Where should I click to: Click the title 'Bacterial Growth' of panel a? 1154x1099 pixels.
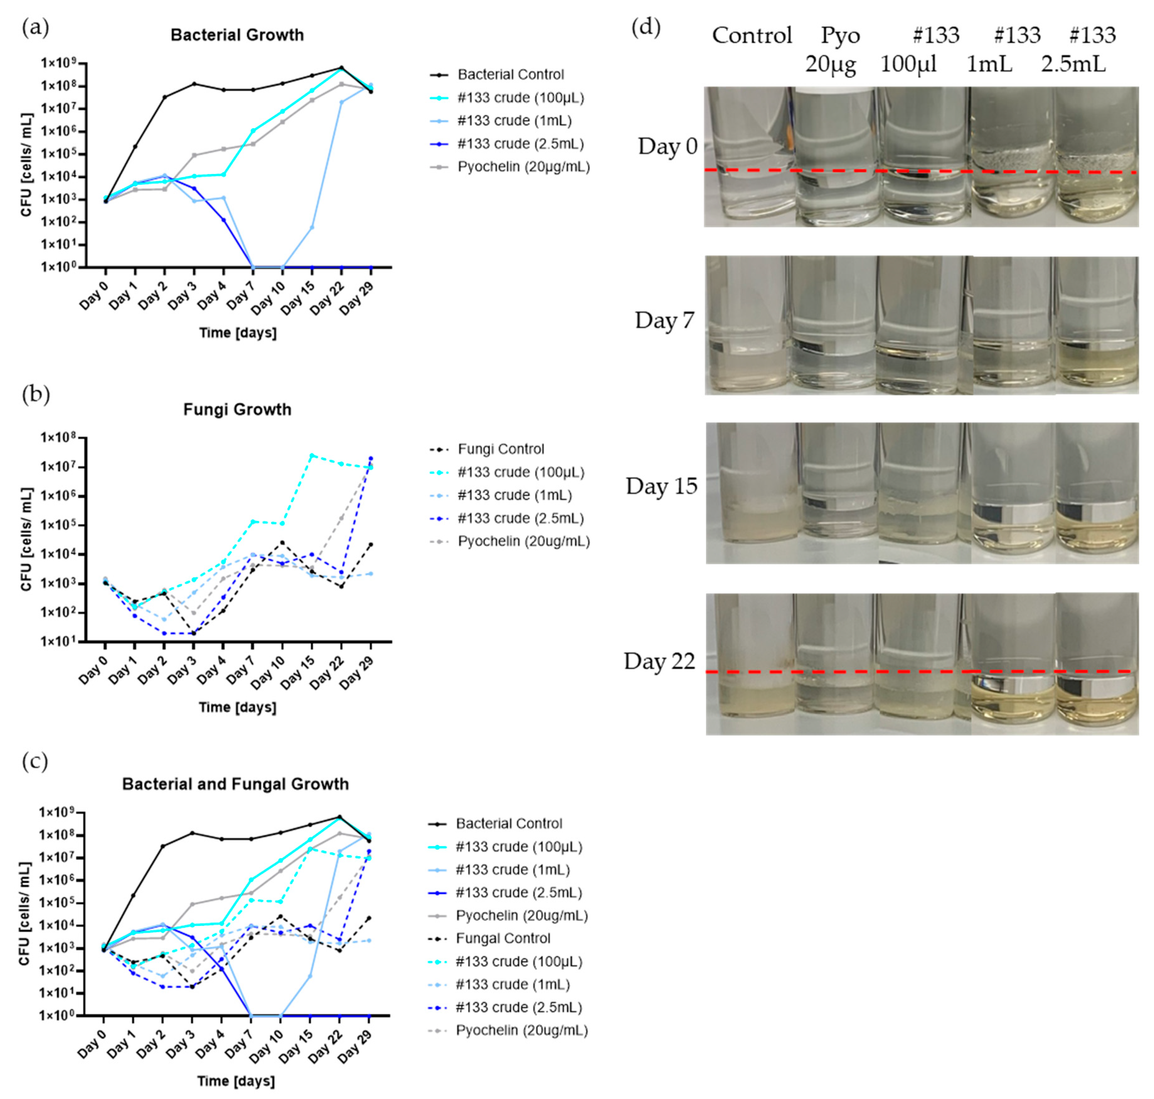tap(237, 35)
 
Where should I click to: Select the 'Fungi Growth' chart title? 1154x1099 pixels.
tap(237, 410)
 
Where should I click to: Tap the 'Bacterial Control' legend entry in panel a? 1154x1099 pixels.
tap(510, 74)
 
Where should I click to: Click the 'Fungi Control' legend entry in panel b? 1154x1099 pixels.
tap(501, 449)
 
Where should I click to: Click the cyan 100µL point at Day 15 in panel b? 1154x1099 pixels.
tap(312, 455)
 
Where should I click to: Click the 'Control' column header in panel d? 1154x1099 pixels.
tap(752, 35)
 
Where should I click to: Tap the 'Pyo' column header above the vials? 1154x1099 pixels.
tap(840, 35)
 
